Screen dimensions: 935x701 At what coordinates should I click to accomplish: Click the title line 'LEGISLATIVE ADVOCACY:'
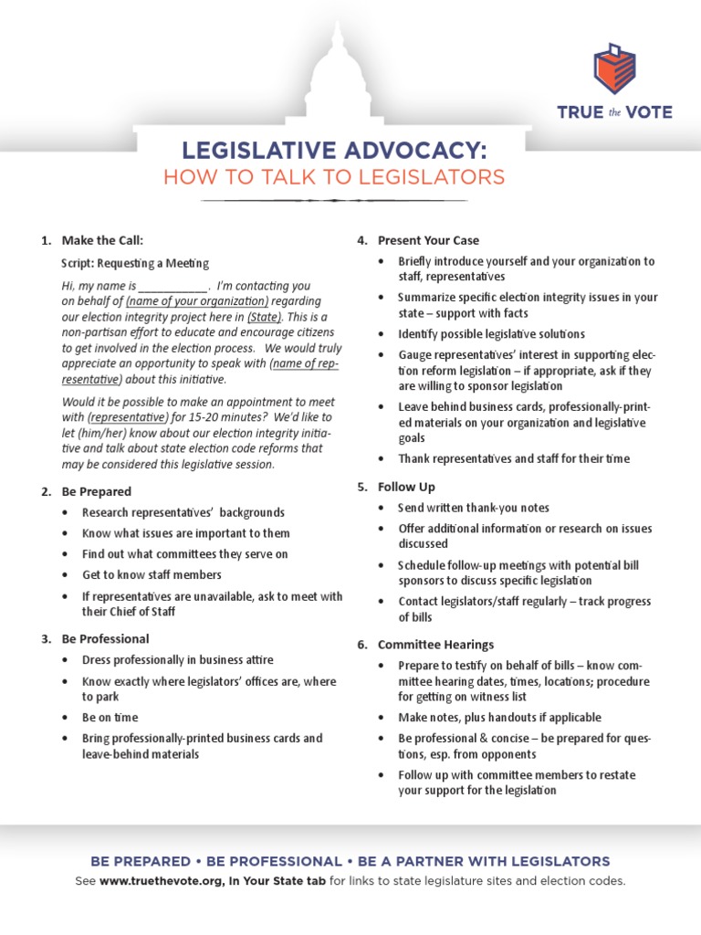pos(334,149)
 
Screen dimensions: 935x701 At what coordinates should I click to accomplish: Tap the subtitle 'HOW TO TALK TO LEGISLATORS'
pos(334,177)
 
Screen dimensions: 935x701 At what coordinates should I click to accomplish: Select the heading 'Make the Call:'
pos(102,241)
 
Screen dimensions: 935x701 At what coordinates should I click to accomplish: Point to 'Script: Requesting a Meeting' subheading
pos(135,263)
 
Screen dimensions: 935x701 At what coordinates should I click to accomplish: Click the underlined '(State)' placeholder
pos(265,317)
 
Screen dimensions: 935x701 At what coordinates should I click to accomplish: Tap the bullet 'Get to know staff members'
pos(152,575)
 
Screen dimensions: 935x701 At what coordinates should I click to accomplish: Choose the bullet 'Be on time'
pos(110,718)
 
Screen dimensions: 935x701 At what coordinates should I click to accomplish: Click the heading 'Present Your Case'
pos(428,241)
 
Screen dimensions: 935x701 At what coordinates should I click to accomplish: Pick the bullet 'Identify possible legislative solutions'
pos(491,334)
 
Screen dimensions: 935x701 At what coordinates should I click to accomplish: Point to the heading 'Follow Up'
pos(406,488)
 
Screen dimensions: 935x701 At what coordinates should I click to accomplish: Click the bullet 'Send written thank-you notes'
pos(474,508)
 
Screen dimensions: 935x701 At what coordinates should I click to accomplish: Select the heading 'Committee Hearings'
pos(435,645)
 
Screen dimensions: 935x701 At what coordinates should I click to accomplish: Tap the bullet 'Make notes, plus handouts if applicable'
pos(499,718)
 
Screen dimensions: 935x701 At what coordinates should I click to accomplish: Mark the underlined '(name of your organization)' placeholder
pos(198,301)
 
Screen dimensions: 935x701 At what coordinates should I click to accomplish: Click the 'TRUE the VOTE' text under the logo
pos(614,113)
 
